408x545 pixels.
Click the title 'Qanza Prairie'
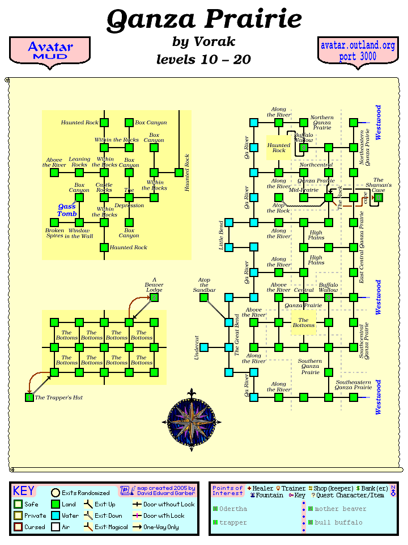[x=204, y=20]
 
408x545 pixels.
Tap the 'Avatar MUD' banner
[x=50, y=51]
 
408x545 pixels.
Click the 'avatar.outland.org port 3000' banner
[x=357, y=51]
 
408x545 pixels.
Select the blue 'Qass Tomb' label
[x=67, y=210]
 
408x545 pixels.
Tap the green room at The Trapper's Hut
[x=29, y=397]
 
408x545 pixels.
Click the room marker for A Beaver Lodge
[x=154, y=297]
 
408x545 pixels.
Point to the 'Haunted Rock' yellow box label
[x=279, y=148]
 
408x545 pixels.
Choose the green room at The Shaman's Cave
[x=379, y=198]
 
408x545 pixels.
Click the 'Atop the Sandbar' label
[x=204, y=285]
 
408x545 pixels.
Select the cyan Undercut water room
[x=204, y=347]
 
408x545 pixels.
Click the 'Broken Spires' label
[x=55, y=233]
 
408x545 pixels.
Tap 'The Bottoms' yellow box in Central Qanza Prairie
[x=304, y=322]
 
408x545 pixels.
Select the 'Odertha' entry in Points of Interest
[x=233, y=509]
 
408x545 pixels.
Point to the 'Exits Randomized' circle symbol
[x=56, y=493]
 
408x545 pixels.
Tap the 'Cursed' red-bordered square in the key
[x=18, y=527]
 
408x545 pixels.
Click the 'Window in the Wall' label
[x=79, y=233]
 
